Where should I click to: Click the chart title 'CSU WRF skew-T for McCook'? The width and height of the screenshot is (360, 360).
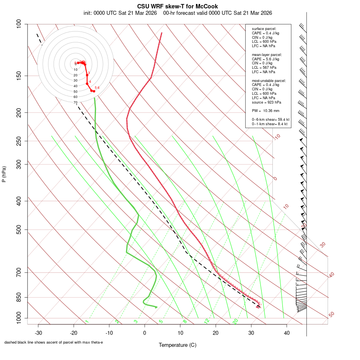pyautogui.click(x=177, y=6)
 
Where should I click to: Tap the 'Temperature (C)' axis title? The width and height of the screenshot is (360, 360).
pyautogui.click(x=177, y=345)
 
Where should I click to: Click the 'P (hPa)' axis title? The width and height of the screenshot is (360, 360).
pyautogui.click(x=4, y=174)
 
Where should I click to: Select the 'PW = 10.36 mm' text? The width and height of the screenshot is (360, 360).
pyautogui.click(x=266, y=110)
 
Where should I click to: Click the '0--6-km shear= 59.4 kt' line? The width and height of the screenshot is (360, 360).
pyautogui.click(x=270, y=119)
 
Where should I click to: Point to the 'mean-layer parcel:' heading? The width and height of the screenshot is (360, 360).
pyautogui.click(x=267, y=54)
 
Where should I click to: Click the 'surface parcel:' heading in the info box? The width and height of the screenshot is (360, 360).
pyautogui.click(x=264, y=29)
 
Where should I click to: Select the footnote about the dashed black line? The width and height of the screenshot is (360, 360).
pyautogui.click(x=54, y=342)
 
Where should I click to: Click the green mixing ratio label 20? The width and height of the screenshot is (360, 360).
pyautogui.click(x=235, y=321)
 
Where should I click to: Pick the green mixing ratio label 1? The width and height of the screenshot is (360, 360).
pyautogui.click(x=86, y=321)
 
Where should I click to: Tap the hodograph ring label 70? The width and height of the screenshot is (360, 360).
pyautogui.click(x=75, y=102)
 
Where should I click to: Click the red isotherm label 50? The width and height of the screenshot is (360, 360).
pyautogui.click(x=331, y=315)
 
